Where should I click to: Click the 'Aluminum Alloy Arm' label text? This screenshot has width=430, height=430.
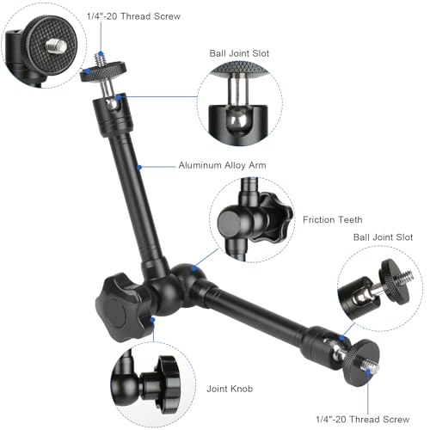222,165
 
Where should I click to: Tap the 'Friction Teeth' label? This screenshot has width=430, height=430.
333,220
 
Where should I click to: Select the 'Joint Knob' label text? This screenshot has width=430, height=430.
230,389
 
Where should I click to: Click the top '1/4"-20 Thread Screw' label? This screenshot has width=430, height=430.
133,16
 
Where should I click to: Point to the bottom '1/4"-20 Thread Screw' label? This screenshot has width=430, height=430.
363,420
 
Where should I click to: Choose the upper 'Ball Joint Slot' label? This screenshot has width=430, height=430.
239,53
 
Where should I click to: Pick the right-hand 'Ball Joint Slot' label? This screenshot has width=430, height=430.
383,237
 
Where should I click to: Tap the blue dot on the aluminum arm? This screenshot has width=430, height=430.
139,167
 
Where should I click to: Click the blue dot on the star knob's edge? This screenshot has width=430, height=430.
153,320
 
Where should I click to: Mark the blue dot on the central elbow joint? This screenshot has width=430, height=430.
194,268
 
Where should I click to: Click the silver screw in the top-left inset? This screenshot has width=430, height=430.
56,45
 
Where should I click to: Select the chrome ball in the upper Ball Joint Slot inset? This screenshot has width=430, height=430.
237,120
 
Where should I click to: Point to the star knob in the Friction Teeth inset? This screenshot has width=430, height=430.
272,218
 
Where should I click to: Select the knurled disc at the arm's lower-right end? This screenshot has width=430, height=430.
361,363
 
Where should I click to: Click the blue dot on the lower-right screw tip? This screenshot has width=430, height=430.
368,371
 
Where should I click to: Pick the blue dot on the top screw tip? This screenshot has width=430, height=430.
101,53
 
